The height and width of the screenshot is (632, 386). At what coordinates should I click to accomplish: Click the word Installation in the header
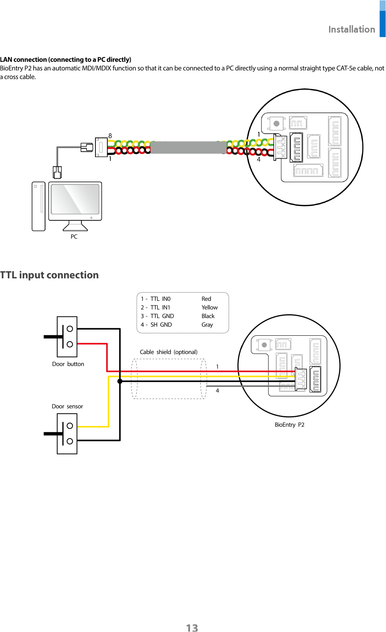pyautogui.click(x=352, y=30)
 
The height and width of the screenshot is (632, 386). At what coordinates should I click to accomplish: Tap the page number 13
pyautogui.click(x=192, y=628)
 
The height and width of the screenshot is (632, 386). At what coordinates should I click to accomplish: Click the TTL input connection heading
pyautogui.click(x=49, y=275)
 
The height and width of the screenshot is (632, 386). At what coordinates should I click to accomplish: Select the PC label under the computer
pyautogui.click(x=74, y=237)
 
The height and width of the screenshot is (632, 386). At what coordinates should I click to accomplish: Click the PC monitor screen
pyautogui.click(x=75, y=200)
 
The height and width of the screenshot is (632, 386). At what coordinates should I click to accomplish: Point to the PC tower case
pyautogui.click(x=39, y=206)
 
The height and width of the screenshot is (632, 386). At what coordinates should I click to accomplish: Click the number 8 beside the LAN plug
pyautogui.click(x=110, y=136)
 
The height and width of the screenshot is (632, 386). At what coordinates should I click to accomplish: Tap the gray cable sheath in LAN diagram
pyautogui.click(x=188, y=147)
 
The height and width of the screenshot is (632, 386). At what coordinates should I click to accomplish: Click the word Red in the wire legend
pyautogui.click(x=206, y=299)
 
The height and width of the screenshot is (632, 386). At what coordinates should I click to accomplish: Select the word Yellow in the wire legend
pyautogui.click(x=209, y=308)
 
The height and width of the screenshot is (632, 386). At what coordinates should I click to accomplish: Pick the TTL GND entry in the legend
pyautogui.click(x=162, y=316)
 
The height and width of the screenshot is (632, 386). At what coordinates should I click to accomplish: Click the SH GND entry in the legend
pyautogui.click(x=161, y=325)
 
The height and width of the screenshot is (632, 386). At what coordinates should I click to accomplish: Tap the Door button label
pyautogui.click(x=68, y=364)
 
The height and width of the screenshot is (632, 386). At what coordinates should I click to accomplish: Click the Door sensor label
pyautogui.click(x=67, y=406)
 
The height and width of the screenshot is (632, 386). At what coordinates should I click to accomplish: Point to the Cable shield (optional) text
pyautogui.click(x=168, y=352)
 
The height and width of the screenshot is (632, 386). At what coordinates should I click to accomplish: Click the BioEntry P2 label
pyautogui.click(x=289, y=425)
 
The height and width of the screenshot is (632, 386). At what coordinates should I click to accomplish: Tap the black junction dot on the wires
pyautogui.click(x=120, y=381)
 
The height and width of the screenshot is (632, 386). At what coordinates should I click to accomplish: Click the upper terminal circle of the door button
pyautogui.click(x=70, y=329)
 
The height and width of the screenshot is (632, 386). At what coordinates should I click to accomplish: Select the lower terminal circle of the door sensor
pyautogui.click(x=70, y=441)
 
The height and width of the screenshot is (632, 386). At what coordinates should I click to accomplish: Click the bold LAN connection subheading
pyautogui.click(x=66, y=60)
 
